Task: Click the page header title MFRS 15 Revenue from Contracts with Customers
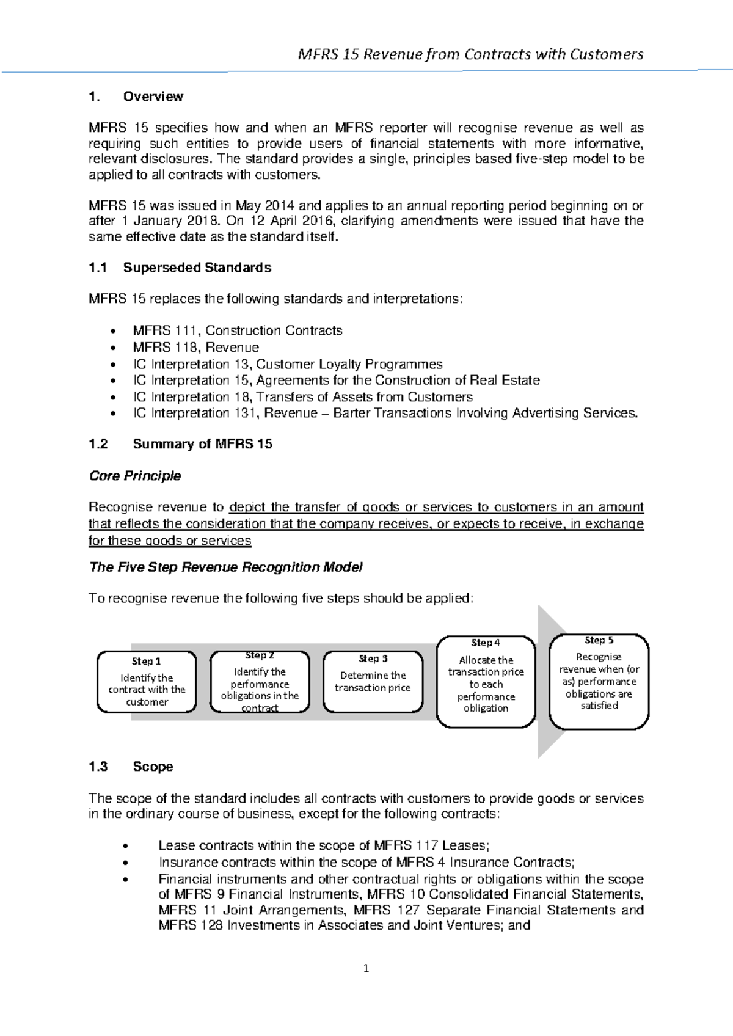pyautogui.click(x=470, y=54)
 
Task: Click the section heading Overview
pyautogui.click(x=153, y=97)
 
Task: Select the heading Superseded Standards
pyautogui.click(x=197, y=268)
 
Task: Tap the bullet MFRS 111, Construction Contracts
pyautogui.click(x=237, y=330)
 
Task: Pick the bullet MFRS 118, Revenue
pyautogui.click(x=195, y=348)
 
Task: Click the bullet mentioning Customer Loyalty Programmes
pyautogui.click(x=287, y=364)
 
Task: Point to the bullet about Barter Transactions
pyautogui.click(x=385, y=413)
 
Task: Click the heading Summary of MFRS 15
pyautogui.click(x=202, y=444)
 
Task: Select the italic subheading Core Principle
pyautogui.click(x=135, y=476)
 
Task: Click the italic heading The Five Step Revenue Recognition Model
pyautogui.click(x=226, y=567)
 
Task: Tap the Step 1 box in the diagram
pyautogui.click(x=147, y=682)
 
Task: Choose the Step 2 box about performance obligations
pyautogui.click(x=260, y=682)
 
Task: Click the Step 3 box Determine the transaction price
pyautogui.click(x=373, y=682)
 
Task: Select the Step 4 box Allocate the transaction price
pyautogui.click(x=486, y=682)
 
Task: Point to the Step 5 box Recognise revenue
pyautogui.click(x=599, y=682)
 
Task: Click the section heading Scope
pyautogui.click(x=153, y=767)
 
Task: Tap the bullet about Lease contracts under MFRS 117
pyautogui.click(x=324, y=845)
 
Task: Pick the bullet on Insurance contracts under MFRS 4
pyautogui.click(x=366, y=862)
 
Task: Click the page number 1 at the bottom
pyautogui.click(x=366, y=968)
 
